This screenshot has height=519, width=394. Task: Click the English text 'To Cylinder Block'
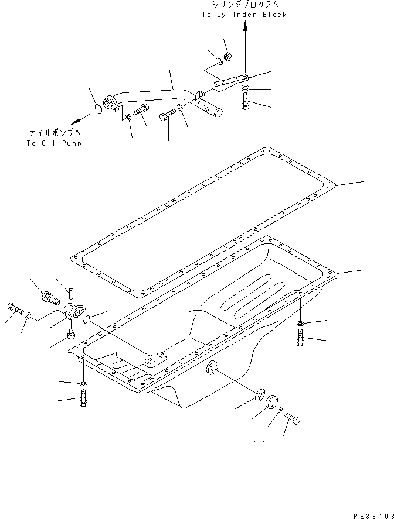[244, 15]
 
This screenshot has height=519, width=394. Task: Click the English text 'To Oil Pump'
[54, 143]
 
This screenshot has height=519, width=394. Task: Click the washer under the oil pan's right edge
[300, 323]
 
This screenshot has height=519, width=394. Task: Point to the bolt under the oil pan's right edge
[300, 338]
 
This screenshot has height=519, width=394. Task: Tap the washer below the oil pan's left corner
[83, 384]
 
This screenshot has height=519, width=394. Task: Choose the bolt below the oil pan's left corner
[83, 401]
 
